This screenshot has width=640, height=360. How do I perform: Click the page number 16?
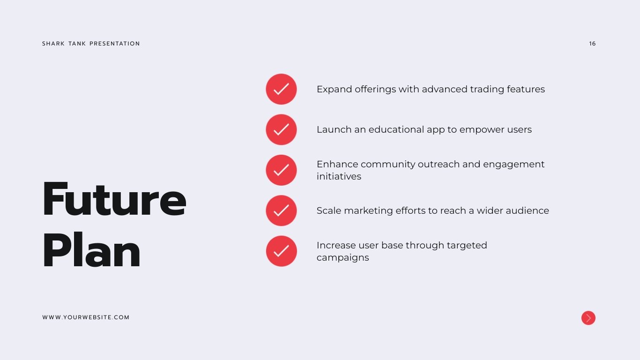(592, 44)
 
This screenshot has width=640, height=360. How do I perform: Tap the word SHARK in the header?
(53, 44)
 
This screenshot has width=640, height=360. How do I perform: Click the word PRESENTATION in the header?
(115, 44)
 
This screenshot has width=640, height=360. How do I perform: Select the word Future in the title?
(114, 199)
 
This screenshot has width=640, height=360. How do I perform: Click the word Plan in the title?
(91, 250)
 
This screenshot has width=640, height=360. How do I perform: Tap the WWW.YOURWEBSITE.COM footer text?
(86, 317)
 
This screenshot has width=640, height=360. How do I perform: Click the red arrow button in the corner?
(588, 318)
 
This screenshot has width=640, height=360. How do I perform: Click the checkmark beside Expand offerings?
(282, 89)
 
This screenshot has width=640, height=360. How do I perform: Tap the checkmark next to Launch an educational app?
(282, 130)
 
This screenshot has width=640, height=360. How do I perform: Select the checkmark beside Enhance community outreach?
(282, 170)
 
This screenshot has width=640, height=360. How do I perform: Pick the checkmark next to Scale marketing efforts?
(282, 211)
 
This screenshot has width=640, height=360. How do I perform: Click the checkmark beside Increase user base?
(282, 251)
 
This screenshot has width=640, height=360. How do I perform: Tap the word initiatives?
(339, 176)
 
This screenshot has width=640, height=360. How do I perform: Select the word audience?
(527, 211)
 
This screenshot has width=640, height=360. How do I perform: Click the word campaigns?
(343, 258)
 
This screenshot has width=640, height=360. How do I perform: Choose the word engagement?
(513, 165)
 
